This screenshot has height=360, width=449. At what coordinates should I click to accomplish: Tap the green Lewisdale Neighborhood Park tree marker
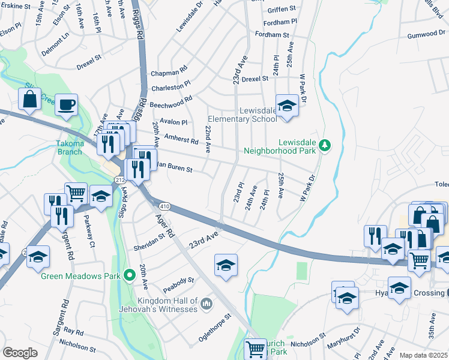tap(325, 145)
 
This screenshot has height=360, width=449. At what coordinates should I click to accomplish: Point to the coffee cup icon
tap(66, 104)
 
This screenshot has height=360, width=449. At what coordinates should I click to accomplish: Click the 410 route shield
tap(165, 206)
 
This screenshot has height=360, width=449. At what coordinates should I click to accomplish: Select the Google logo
tap(20, 352)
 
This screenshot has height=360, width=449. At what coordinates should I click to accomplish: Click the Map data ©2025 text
tap(423, 355)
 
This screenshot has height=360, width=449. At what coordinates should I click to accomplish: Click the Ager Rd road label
tap(163, 227)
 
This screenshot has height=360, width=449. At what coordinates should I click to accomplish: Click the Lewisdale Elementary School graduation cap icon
tap(287, 106)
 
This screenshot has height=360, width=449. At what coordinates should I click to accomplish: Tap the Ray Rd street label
tap(74, 331)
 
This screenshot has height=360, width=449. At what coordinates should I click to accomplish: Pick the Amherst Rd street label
tap(181, 139)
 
